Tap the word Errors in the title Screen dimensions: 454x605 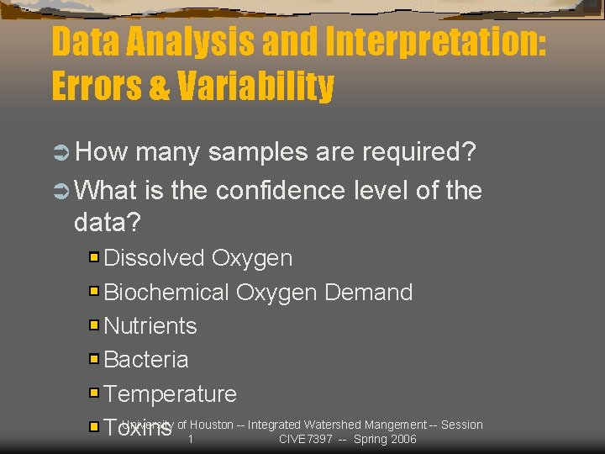coord(100,87)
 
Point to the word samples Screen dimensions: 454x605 coord(257,152)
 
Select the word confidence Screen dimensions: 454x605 coord(280,191)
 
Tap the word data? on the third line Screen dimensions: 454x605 coord(108,223)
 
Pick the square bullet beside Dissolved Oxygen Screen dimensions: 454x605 coord(94,257)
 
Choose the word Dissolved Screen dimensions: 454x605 coord(155,258)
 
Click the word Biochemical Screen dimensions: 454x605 coord(166,293)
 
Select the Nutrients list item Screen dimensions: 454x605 coord(150,326)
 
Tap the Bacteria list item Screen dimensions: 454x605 coord(146,360)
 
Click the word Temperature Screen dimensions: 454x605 coord(171,393)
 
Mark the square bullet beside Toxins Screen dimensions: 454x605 coord(94,427)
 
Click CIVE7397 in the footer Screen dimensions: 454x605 coord(305,440)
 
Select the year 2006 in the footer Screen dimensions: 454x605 coord(402,440)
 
